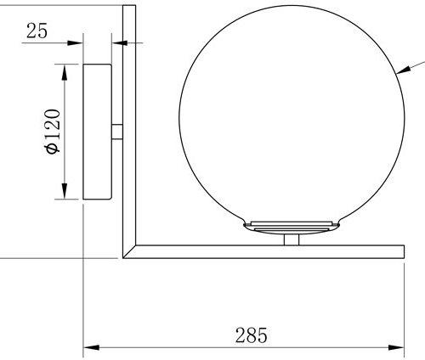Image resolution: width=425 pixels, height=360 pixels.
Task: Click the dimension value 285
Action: click(x=250, y=335)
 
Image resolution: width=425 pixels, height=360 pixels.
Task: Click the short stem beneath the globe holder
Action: click(x=292, y=241)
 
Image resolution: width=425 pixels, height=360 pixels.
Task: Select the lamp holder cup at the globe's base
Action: click(x=292, y=227)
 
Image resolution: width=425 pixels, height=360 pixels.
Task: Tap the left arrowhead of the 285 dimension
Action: click(x=89, y=347)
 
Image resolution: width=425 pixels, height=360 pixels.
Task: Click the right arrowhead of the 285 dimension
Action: click(x=397, y=347)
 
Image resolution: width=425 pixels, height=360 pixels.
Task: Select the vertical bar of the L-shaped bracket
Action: click(x=129, y=127)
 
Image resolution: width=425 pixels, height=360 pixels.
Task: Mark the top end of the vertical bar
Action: click(x=129, y=8)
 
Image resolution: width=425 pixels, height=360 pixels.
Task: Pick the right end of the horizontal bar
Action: click(x=401, y=251)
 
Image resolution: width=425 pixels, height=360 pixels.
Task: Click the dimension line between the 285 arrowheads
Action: click(x=170, y=347)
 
